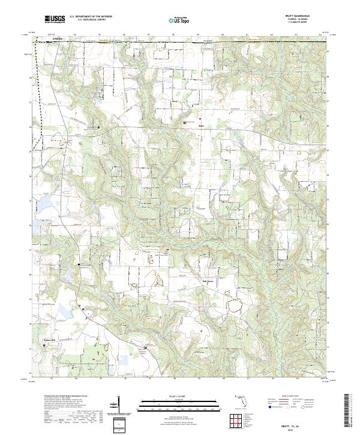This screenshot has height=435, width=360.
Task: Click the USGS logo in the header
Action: tap(54, 19)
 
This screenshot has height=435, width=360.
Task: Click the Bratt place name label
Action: tap(201, 126)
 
